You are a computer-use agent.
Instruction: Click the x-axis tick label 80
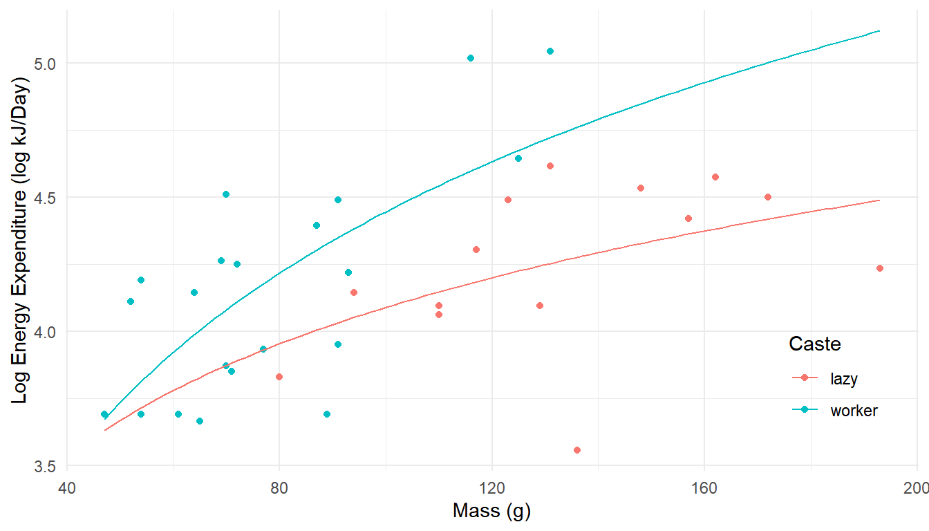point(279,486)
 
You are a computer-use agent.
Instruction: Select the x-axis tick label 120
point(491,486)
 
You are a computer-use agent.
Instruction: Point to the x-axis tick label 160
point(704,486)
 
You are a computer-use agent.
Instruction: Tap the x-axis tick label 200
point(917,486)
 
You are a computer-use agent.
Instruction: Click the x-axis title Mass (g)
point(491,511)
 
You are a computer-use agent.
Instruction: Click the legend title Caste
point(815,344)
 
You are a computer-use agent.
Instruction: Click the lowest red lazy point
point(577,450)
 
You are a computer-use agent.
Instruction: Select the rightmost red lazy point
point(880,268)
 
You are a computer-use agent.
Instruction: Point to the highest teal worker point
point(550,51)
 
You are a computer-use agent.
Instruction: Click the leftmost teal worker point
point(104,414)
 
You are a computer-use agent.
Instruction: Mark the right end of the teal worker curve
point(879,30)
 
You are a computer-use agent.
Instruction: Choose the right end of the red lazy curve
point(879,200)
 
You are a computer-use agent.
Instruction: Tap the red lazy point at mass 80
point(279,377)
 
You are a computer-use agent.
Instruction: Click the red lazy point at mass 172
point(768,197)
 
